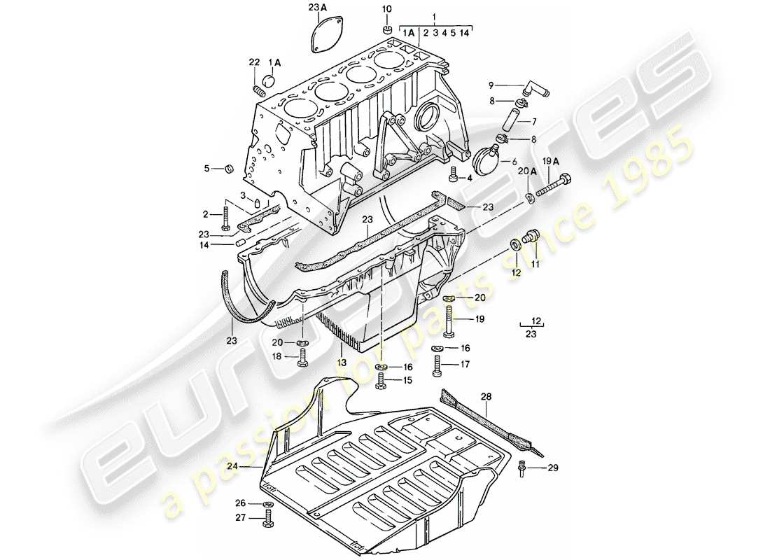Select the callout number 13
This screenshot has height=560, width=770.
click(341, 363)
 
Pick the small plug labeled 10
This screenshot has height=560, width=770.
click(387, 29)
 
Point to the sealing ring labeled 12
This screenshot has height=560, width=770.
click(516, 244)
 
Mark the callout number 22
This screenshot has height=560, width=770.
click(253, 64)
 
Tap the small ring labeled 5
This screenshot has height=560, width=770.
click(228, 169)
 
